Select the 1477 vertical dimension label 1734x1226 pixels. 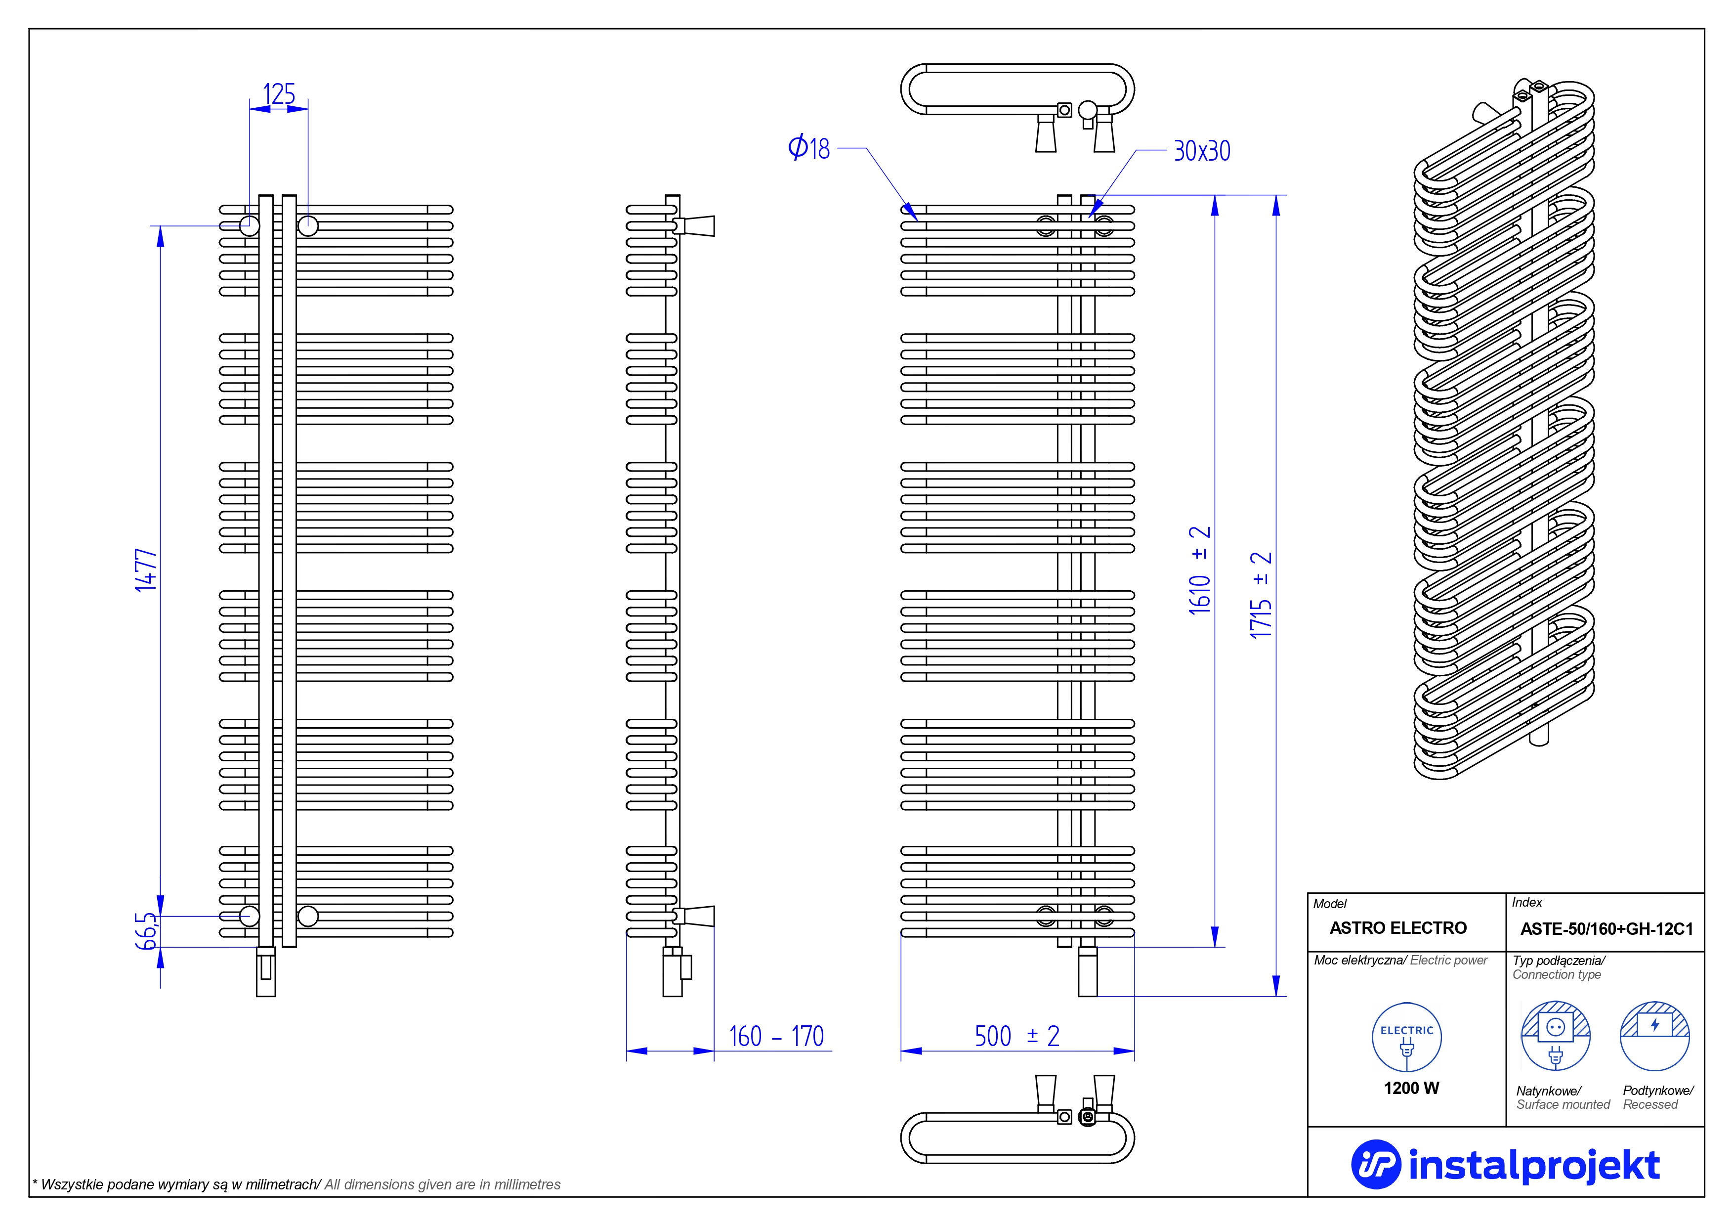tap(146, 570)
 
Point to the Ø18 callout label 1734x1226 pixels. tap(809, 148)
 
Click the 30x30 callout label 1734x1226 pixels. tap(1202, 151)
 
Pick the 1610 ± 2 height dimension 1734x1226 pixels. tap(1199, 570)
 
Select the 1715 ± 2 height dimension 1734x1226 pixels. tap(1261, 595)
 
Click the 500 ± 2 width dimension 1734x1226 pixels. tap(1016, 1036)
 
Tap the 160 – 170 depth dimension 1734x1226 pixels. tap(776, 1036)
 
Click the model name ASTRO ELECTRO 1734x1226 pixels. tap(1398, 927)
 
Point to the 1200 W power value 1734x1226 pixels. tap(1411, 1088)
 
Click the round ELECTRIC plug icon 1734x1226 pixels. tap(1406, 1037)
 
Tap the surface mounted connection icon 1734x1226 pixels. tap(1555, 1036)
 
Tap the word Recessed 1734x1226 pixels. tap(1650, 1104)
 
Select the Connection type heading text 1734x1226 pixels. tap(1557, 974)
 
